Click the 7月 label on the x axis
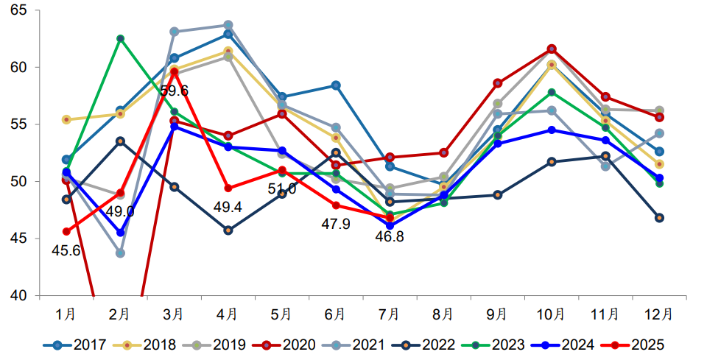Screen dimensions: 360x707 [389, 314]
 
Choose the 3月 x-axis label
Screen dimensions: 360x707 [174, 314]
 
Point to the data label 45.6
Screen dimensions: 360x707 [66, 250]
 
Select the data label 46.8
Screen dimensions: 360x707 [389, 236]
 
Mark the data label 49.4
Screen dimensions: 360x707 [228, 207]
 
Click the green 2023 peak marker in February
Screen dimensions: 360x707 [120, 38]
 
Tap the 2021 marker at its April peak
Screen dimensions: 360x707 [228, 25]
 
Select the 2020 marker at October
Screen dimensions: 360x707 [551, 49]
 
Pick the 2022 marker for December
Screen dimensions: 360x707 [659, 218]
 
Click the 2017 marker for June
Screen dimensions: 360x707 [336, 85]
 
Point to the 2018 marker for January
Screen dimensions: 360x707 [66, 119]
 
